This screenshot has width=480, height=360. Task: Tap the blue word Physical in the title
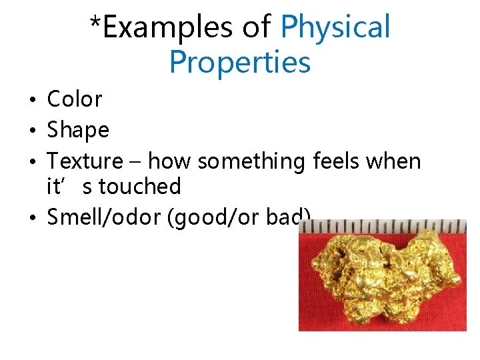coord(335,28)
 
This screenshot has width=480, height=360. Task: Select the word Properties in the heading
coord(240,63)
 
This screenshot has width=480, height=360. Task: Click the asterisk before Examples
coord(96,24)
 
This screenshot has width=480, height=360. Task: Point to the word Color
coord(74,99)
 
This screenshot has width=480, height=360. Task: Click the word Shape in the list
coord(77,130)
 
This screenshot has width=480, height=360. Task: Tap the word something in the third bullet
coord(253,161)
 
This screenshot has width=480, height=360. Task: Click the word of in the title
coord(257,28)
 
